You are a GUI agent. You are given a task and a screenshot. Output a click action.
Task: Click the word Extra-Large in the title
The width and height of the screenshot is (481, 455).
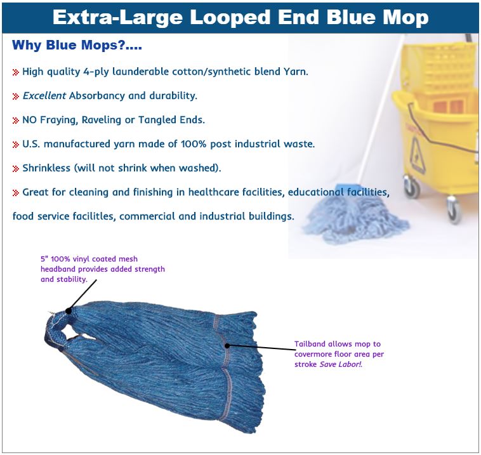point(117,18)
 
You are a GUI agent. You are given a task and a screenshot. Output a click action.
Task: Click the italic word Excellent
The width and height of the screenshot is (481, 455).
point(44,96)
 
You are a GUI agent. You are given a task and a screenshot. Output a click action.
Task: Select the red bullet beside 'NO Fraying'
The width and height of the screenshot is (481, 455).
point(16,121)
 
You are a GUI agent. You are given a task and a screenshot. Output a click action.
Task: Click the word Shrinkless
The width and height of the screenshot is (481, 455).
point(46,168)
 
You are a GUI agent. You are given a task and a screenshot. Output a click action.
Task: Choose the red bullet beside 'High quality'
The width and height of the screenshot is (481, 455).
point(16,72)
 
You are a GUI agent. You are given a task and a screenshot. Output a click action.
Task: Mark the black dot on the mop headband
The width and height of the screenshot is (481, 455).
point(69,311)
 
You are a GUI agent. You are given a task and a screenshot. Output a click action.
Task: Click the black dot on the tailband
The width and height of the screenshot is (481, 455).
point(227,345)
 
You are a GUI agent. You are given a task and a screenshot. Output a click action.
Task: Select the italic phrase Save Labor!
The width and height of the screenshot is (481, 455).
point(341,364)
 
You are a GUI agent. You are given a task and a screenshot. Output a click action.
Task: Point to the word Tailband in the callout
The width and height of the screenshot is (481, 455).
point(310,344)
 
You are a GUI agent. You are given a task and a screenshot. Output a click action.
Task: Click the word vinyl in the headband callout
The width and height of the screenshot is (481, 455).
point(81,259)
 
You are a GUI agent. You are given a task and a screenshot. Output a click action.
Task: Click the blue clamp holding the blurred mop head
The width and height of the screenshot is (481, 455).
point(348,189)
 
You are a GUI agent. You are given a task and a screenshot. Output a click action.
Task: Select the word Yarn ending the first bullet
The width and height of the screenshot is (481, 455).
point(296,72)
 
